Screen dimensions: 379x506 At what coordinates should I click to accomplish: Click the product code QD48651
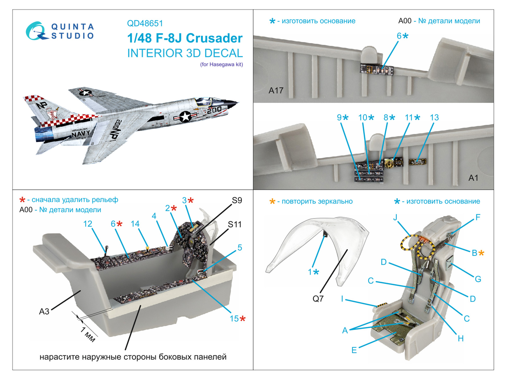click(145, 23)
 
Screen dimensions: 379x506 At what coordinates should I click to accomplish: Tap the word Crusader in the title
click(214, 38)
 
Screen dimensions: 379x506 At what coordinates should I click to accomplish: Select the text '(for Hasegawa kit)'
click(221, 64)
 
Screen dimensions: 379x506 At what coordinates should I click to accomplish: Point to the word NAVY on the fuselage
click(80, 134)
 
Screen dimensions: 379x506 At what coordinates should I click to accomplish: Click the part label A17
click(276, 91)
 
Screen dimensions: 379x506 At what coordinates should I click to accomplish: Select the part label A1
click(473, 178)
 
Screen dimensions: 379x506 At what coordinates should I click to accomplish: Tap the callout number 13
click(434, 117)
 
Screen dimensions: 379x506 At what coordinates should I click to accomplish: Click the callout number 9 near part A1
click(339, 117)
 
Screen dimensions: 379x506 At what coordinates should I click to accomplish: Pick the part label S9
click(237, 201)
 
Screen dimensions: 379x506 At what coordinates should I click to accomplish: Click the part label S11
click(235, 225)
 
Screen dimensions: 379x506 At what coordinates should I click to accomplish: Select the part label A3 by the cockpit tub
click(44, 311)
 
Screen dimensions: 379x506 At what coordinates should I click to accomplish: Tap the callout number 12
click(88, 224)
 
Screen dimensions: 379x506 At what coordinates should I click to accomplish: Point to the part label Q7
click(318, 298)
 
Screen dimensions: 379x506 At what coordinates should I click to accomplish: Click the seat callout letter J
click(395, 217)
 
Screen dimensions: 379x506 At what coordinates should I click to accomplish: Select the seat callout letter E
click(354, 350)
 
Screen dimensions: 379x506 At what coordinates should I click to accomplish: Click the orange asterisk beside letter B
click(481, 253)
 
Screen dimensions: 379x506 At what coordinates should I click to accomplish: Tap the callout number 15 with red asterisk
click(234, 319)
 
